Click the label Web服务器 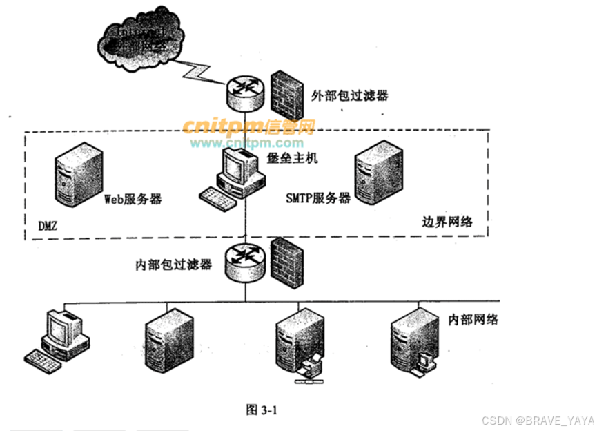(x=133, y=199)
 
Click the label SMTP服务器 (x=318, y=198)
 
